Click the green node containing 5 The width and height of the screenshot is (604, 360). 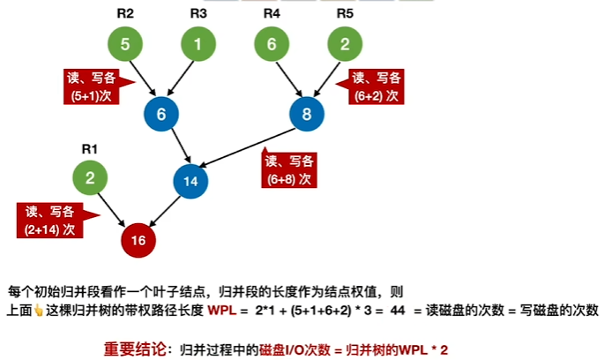(x=125, y=43)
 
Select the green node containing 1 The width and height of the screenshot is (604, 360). (x=198, y=43)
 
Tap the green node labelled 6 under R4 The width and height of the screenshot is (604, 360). (x=272, y=43)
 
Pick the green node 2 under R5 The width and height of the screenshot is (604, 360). (x=345, y=43)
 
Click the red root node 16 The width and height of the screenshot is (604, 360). (x=138, y=238)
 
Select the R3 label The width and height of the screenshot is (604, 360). (x=198, y=13)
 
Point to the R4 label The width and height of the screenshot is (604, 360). (x=272, y=13)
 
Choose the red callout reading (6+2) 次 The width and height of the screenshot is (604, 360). (x=378, y=85)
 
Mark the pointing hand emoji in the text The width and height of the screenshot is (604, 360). (x=38, y=311)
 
